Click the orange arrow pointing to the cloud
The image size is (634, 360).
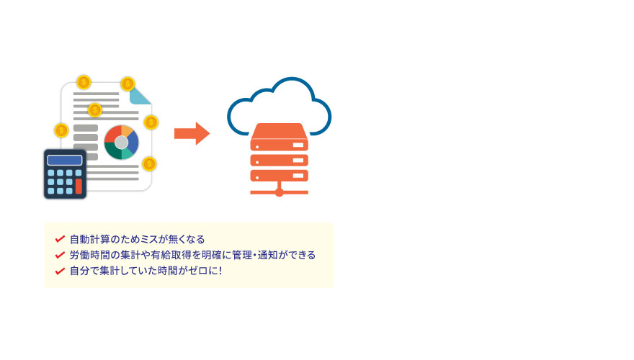tap(192, 133)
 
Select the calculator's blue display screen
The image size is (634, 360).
tap(65, 161)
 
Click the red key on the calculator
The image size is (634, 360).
tap(79, 186)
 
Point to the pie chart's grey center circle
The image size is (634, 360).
tap(121, 143)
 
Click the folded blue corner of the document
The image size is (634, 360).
tap(140, 96)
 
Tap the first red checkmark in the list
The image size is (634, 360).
tap(60, 239)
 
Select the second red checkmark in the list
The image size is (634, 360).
tap(60, 255)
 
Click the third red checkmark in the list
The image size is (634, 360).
tap(60, 271)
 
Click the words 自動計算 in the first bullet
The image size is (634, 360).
tap(89, 239)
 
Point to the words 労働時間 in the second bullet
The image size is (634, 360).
tap(89, 255)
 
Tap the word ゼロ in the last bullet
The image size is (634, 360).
tap(197, 271)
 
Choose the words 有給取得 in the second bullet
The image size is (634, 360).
tap(171, 255)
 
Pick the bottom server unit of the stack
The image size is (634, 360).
tap(279, 176)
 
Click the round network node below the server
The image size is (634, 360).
tap(279, 192)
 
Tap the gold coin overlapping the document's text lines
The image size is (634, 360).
tap(94, 109)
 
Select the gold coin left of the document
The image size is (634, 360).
tap(61, 130)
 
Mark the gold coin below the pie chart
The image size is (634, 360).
tap(149, 163)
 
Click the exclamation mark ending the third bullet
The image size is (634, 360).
tap(220, 271)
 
